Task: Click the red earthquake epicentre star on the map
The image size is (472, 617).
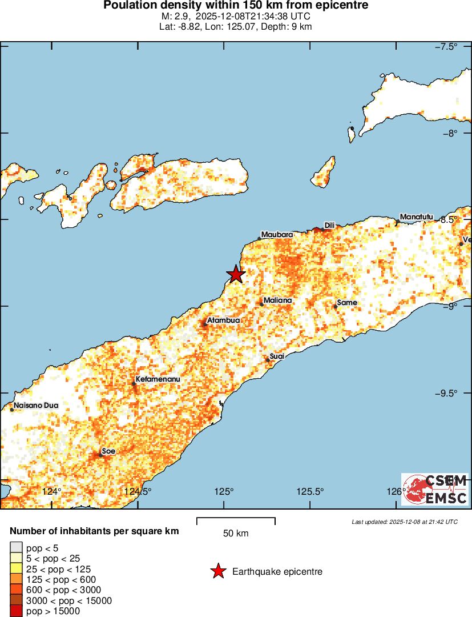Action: point(236,275)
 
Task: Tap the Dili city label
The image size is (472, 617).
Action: point(329,225)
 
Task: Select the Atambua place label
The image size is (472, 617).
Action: point(223,320)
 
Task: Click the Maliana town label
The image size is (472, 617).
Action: point(278,300)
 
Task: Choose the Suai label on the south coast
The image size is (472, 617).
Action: point(277,356)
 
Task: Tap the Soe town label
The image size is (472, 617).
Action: point(108,451)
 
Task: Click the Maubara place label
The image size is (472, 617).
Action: point(277,235)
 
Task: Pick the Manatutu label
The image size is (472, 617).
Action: point(417,217)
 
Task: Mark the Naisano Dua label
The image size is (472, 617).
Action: point(36,405)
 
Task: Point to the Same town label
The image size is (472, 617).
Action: point(347,302)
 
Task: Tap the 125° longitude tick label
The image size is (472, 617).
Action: point(224,491)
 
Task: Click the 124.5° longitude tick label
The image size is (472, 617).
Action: point(139,491)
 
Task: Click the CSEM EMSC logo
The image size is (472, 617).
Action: point(435,489)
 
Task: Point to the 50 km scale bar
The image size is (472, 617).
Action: point(236,521)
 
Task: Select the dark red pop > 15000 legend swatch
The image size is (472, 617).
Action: point(17,611)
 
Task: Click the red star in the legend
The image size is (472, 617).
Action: point(217,571)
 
